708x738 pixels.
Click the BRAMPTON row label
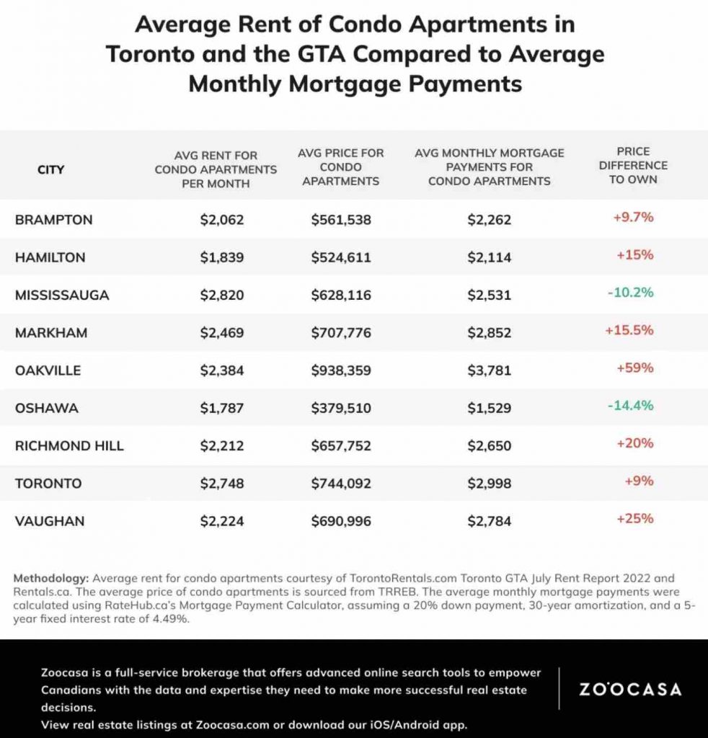tap(53, 219)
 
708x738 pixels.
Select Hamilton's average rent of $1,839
tap(222, 257)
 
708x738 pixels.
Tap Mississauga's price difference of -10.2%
tap(630, 293)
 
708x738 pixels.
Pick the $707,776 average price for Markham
tap(341, 332)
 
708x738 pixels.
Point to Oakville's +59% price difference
tap(634, 368)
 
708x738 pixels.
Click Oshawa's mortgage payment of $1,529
tap(489, 408)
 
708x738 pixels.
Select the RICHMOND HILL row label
tap(69, 445)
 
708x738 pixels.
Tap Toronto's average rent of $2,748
tap(222, 483)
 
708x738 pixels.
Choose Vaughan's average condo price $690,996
tap(341, 521)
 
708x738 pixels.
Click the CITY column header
tap(50, 169)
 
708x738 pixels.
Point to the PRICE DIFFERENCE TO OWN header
tap(633, 165)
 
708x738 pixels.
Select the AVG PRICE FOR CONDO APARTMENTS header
tap(341, 166)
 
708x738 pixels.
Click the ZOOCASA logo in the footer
tap(630, 689)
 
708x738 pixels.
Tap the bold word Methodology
tap(52, 578)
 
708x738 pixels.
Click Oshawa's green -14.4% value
tap(630, 405)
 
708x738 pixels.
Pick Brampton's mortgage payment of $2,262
tap(489, 220)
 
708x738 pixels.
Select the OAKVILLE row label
tap(48, 370)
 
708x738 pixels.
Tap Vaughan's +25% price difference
tap(634, 518)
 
